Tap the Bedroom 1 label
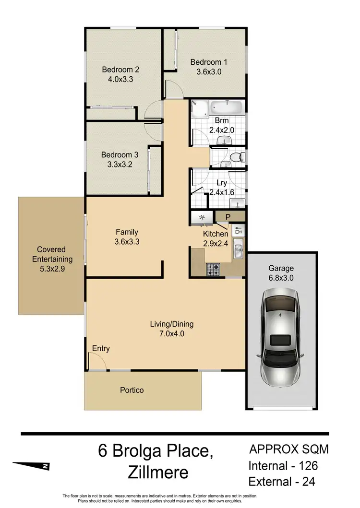[208, 62]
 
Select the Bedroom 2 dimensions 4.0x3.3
[117, 79]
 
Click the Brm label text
[221, 121]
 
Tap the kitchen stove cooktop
[213, 270]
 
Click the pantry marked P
[228, 217]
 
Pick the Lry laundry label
[221, 183]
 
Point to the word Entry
[101, 349]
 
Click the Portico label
[132, 390]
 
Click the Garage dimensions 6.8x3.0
[281, 278]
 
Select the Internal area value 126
[305, 465]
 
